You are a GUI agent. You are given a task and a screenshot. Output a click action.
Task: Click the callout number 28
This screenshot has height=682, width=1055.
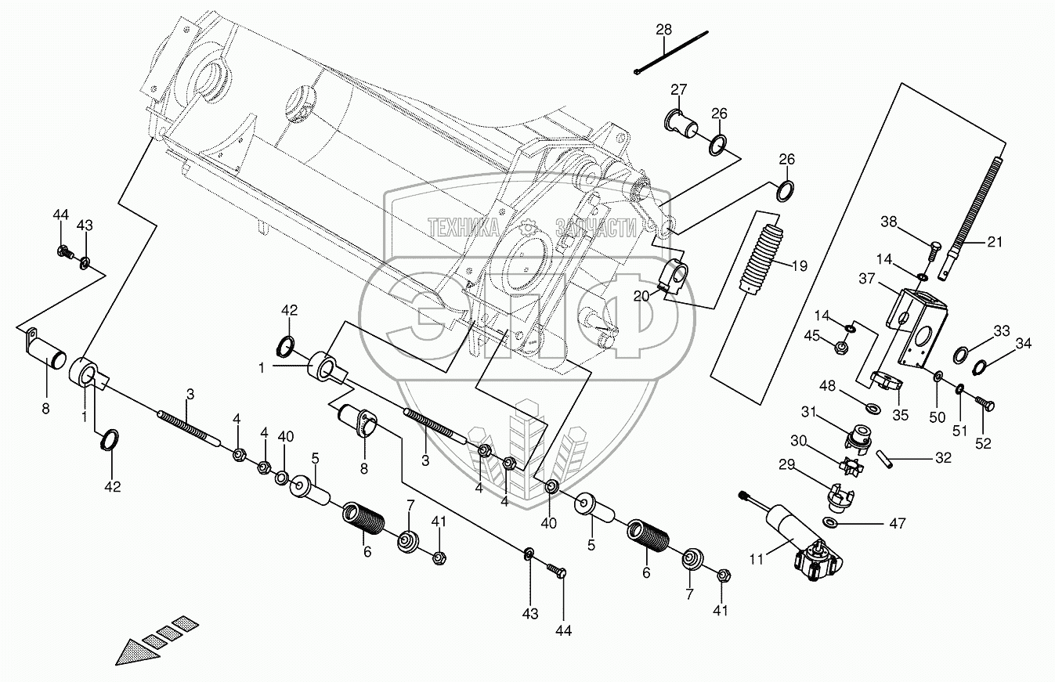664,30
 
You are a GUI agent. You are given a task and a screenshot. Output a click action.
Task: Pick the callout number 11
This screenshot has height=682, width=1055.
756,558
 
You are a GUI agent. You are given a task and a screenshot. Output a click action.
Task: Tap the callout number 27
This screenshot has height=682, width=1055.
678,88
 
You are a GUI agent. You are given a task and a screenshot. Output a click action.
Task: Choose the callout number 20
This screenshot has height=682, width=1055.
641,295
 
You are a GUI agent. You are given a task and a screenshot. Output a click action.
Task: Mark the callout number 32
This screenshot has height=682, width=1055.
942,458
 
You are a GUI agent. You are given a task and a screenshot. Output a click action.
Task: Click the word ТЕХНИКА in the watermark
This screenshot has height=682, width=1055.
464,227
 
